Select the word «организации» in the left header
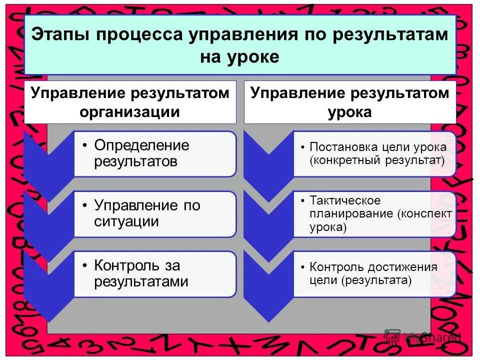point(130,111)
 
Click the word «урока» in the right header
point(350,111)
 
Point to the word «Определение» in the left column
point(142,145)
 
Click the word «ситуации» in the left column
point(126,221)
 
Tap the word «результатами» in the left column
point(141,281)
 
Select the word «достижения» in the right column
point(405,267)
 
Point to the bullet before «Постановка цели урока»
point(303,148)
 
